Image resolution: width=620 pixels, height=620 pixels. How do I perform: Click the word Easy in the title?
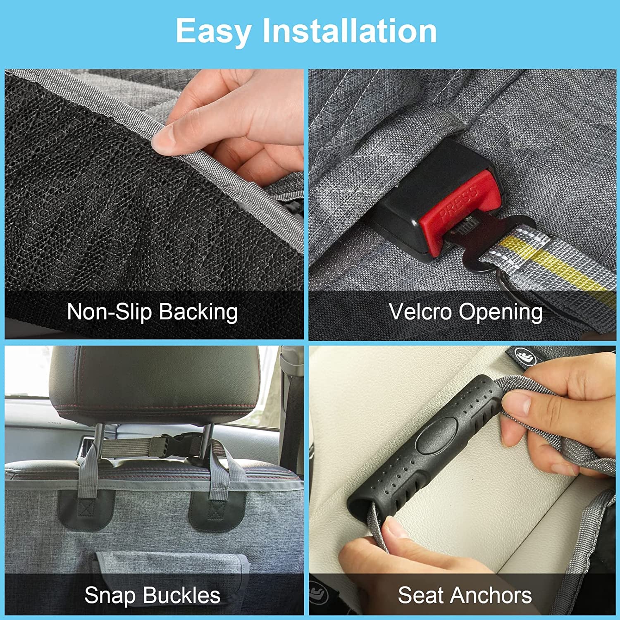click(x=213, y=31)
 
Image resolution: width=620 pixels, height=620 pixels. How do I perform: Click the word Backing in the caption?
click(x=198, y=312)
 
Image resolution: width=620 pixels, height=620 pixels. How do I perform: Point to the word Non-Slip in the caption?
click(x=109, y=312)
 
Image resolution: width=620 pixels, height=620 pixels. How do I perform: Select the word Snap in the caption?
click(x=110, y=596)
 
